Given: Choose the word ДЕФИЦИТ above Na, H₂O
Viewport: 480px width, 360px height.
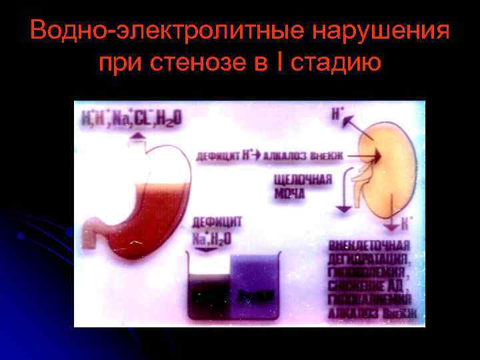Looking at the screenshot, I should [x=217, y=222].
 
